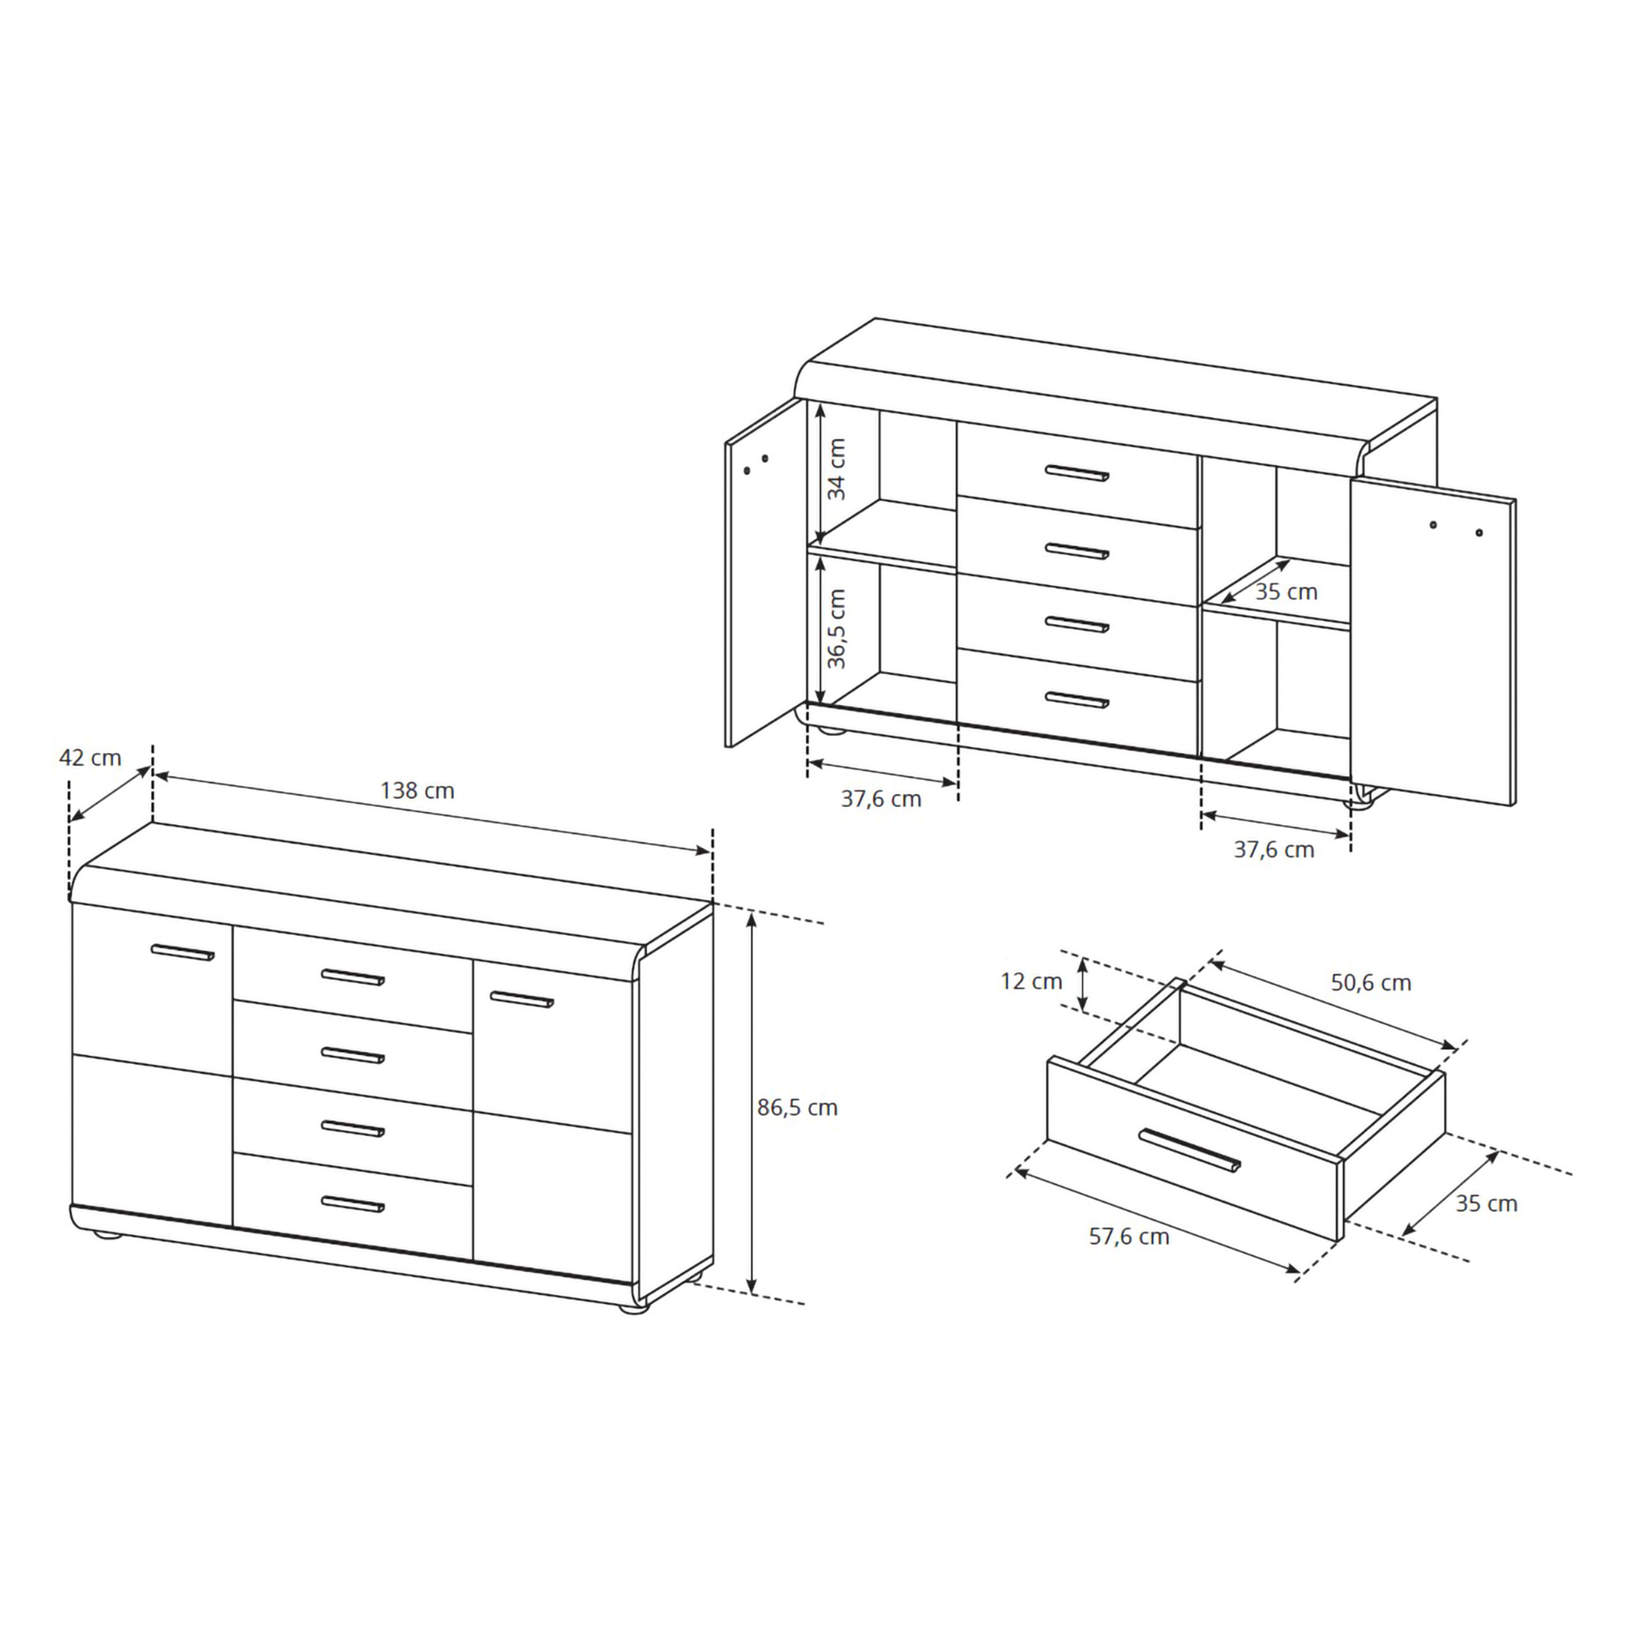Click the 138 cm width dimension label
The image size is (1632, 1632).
416,791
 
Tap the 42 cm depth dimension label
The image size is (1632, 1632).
91,758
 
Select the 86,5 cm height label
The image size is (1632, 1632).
796,1107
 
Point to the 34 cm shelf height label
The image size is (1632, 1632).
836,469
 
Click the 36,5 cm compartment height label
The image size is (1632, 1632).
836,628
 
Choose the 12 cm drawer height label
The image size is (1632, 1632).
1031,982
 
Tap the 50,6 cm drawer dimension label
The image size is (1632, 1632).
1371,982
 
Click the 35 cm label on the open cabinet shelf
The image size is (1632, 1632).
1286,592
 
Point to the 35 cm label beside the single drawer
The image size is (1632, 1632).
1486,1204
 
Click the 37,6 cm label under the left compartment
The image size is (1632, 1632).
881,799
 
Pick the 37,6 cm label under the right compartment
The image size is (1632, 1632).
1274,849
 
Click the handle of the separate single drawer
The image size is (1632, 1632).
1190,1151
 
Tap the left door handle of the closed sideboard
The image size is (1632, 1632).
183,953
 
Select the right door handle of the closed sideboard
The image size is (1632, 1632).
522,1000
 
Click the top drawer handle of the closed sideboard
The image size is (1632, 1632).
353,978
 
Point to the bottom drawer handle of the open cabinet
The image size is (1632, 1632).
1077,699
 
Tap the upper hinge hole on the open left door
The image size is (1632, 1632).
765,459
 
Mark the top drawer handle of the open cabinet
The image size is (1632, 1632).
1077,473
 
